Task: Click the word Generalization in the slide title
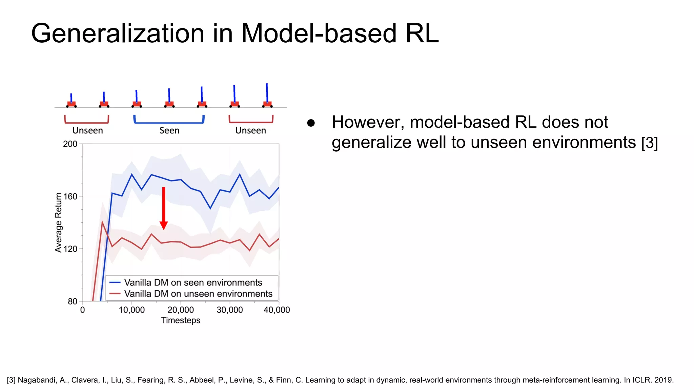click(117, 34)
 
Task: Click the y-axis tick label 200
click(70, 144)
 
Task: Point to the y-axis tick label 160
click(70, 196)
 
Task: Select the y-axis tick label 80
click(73, 301)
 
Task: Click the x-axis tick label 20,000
click(181, 310)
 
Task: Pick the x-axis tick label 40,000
click(277, 310)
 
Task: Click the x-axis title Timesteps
click(181, 320)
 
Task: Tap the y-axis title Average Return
click(59, 222)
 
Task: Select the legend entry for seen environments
click(192, 282)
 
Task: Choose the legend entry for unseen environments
click(198, 294)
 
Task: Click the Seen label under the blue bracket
click(169, 130)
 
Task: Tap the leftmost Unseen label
click(87, 130)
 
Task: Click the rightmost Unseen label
click(250, 130)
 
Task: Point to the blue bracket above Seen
click(169, 122)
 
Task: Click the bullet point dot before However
click(311, 123)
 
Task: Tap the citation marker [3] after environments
click(649, 143)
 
